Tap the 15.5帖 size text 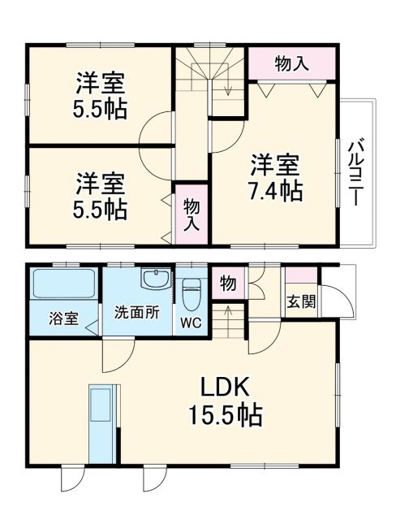pos(226,416)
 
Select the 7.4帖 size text pos(276,192)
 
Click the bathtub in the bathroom pos(65,285)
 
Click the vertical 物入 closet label pos(192,214)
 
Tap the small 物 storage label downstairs pos(228,284)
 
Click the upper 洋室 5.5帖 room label pos(101,96)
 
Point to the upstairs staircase pos(210,78)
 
